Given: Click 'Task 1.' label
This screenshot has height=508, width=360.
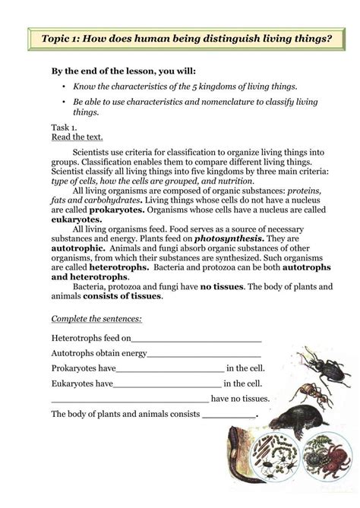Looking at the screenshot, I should (x=64, y=128).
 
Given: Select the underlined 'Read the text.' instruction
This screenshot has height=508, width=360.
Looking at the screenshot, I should (x=75, y=138).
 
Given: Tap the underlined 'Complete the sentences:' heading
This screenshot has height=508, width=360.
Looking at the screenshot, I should (x=96, y=318).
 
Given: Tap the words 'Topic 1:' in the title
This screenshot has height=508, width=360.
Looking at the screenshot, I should (x=64, y=37).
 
